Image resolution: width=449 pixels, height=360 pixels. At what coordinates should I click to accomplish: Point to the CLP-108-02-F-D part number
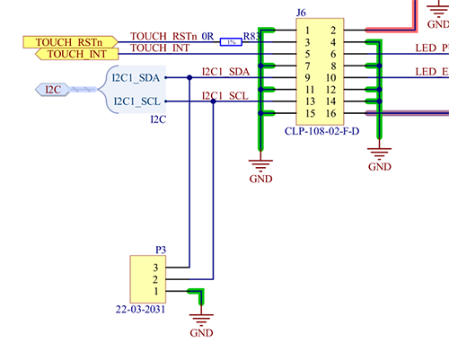click(x=321, y=132)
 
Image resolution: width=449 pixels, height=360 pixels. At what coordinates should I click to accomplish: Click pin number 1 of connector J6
click(x=307, y=30)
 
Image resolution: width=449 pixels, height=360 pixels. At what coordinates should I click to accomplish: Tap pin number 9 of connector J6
click(x=307, y=78)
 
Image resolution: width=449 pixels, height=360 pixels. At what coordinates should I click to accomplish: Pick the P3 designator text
click(x=161, y=248)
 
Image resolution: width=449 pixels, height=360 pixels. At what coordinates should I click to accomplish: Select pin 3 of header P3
click(x=155, y=267)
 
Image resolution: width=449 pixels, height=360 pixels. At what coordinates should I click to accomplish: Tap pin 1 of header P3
click(x=155, y=291)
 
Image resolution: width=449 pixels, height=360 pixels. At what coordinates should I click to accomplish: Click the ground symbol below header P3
click(x=201, y=321)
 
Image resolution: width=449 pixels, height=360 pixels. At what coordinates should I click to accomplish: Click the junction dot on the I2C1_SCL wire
click(x=213, y=101)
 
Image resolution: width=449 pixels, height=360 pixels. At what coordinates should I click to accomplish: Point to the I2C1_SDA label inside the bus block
click(x=136, y=77)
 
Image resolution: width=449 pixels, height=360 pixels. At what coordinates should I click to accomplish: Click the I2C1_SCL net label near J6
click(x=225, y=96)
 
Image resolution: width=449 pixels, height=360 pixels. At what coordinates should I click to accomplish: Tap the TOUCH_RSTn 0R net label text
click(x=172, y=37)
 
